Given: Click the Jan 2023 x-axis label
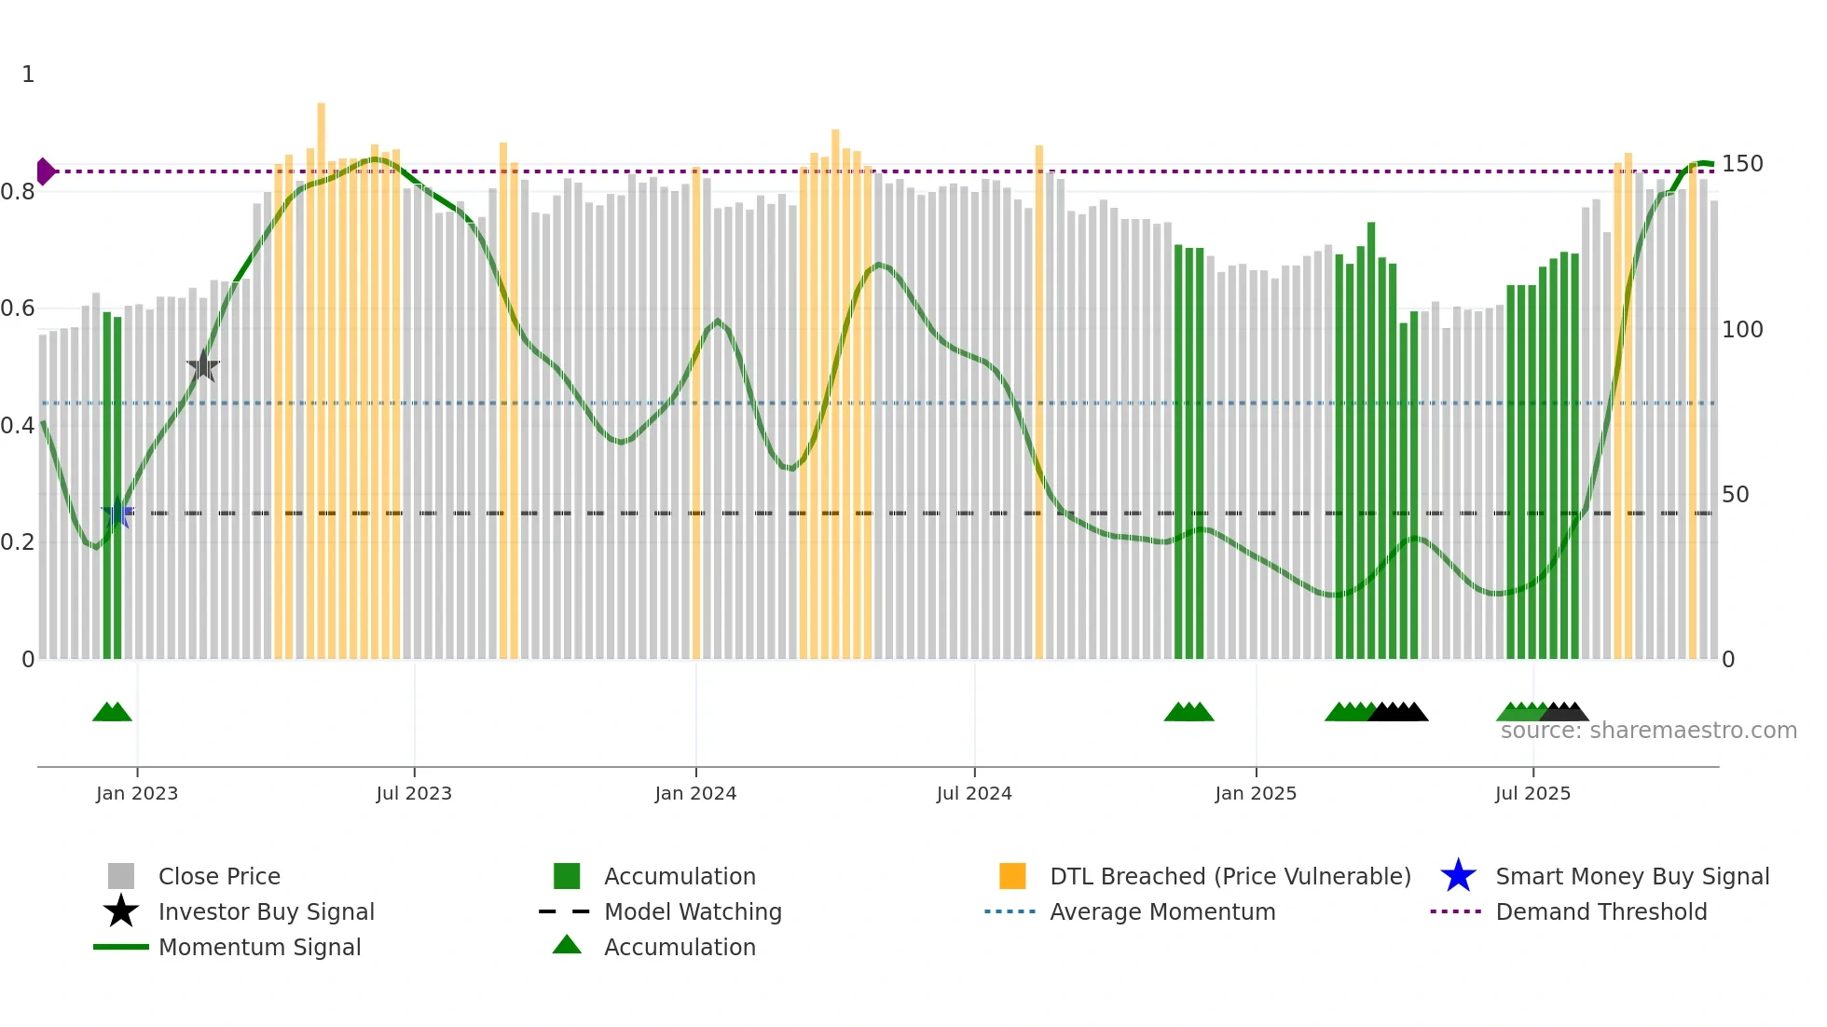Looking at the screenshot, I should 137,793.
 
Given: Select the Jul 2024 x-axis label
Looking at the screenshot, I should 974,793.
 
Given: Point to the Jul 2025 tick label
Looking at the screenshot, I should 1532,793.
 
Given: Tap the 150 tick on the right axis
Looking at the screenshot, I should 1742,164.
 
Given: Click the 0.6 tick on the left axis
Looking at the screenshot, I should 18,308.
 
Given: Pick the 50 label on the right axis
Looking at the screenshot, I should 1735,495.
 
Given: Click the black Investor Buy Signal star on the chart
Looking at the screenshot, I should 202,366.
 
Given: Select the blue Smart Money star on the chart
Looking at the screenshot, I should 117,513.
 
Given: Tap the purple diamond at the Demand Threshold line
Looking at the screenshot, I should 45,171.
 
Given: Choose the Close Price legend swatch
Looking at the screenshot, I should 121,876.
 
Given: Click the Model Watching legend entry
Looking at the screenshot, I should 693,911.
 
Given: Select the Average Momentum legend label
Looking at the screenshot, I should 1162,911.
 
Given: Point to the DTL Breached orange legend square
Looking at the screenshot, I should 1012,876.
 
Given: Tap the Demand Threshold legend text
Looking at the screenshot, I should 1601,911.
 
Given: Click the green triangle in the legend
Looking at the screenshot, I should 567,945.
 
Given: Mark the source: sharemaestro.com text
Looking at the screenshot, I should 1648,731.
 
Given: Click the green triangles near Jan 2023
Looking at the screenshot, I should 112,713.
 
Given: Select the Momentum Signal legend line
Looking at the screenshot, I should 121,947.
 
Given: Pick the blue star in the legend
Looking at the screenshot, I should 1458,876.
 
